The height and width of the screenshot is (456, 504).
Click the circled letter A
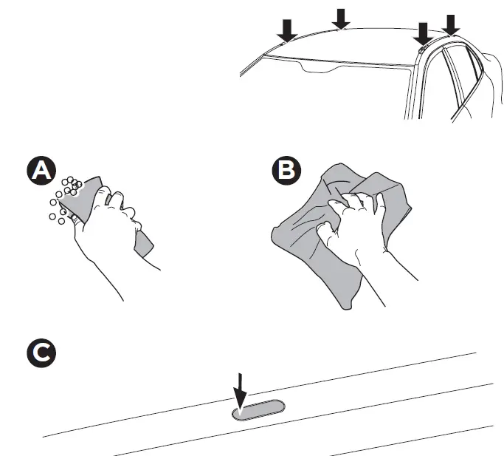(41, 171)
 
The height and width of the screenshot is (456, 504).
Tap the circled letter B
(284, 171)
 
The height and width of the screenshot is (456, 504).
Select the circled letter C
(41, 353)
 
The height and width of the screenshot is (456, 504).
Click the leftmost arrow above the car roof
(287, 29)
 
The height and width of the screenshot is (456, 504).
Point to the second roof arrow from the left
(341, 18)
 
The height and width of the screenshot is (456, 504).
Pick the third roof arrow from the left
(423, 32)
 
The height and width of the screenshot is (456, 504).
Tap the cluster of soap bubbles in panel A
(65, 196)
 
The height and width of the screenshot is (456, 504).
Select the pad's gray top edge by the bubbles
(89, 185)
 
